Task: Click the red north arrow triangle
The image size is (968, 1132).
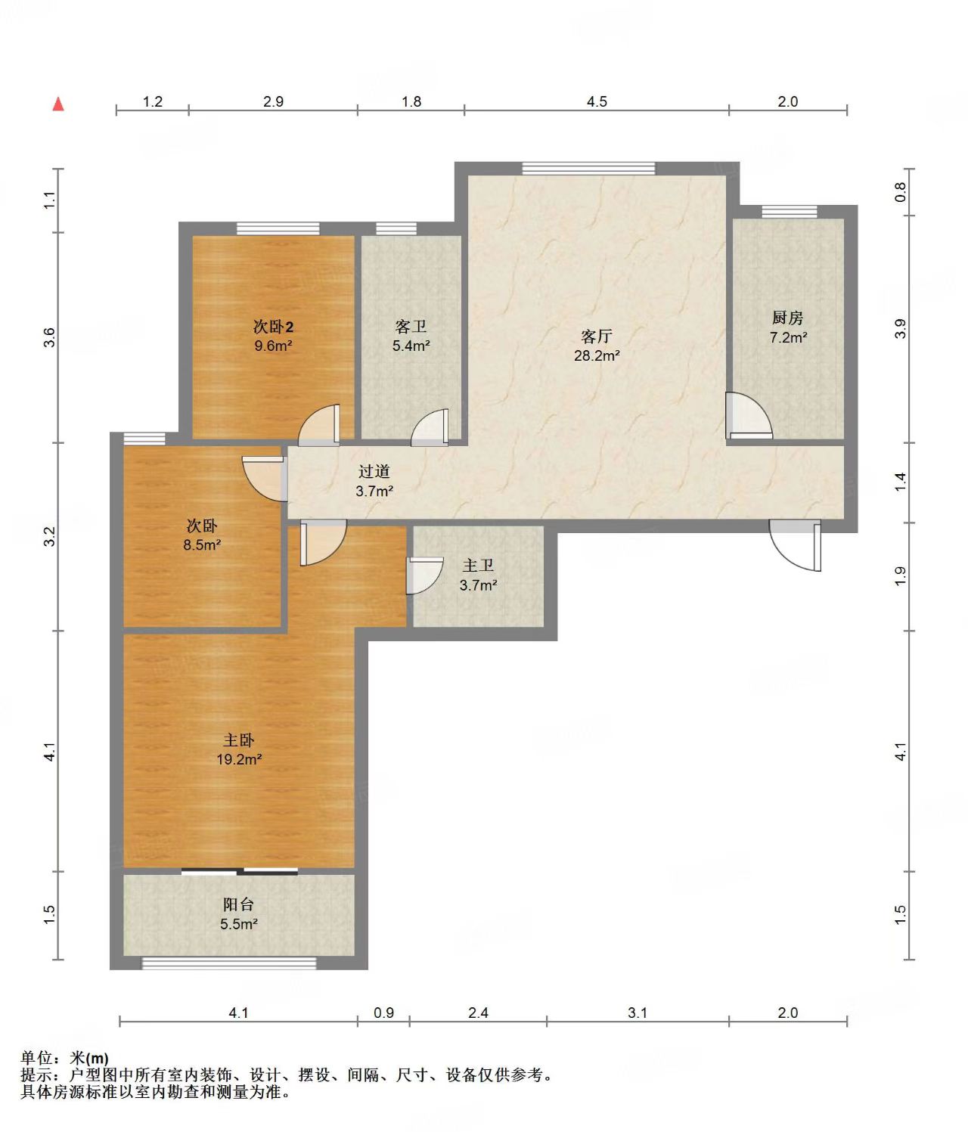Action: click(x=58, y=104)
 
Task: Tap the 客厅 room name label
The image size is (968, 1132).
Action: click(x=596, y=336)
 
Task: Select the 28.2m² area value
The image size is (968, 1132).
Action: click(x=597, y=355)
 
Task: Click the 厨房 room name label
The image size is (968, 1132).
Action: click(x=787, y=318)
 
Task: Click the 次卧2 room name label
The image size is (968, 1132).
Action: click(x=273, y=327)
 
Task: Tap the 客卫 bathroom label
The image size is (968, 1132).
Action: click(x=411, y=327)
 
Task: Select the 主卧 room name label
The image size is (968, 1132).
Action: click(x=238, y=740)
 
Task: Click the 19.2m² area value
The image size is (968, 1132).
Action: click(x=239, y=760)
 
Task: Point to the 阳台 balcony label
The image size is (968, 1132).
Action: click(x=238, y=904)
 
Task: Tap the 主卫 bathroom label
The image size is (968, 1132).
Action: click(x=478, y=565)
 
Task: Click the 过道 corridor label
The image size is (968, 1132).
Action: click(x=374, y=472)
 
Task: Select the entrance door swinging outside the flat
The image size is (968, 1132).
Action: click(x=795, y=545)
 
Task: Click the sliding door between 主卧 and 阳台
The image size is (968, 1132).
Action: click(x=240, y=870)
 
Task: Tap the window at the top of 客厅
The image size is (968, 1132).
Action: click(x=588, y=168)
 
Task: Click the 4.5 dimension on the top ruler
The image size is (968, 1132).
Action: click(x=597, y=102)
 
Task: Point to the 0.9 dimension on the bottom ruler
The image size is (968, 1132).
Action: click(x=383, y=1013)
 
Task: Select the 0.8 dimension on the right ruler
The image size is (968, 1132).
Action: click(x=900, y=192)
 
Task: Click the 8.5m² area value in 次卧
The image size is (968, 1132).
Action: click(x=202, y=545)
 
